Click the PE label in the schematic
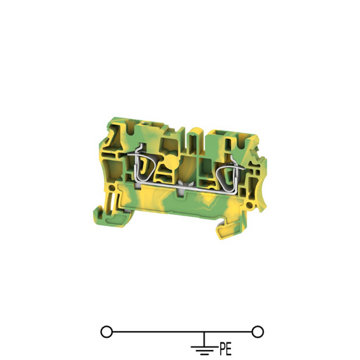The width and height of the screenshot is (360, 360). [x=226, y=349]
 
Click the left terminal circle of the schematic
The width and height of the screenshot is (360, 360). [x=107, y=332]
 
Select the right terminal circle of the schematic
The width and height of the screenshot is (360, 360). [x=257, y=332]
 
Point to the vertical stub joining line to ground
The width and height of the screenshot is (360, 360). [x=204, y=339]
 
